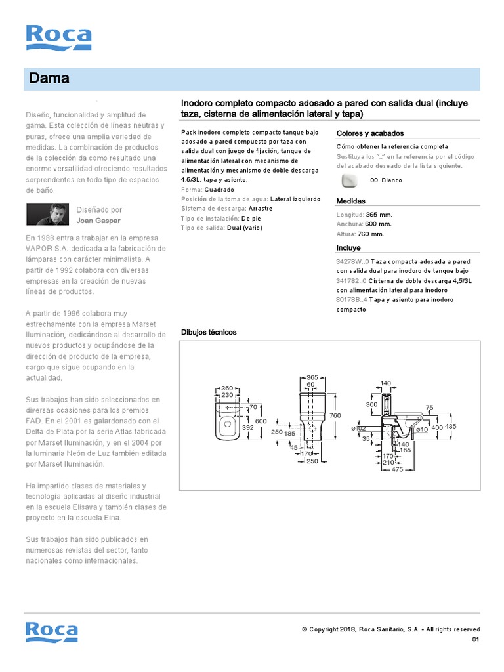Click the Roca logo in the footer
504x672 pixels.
pos(51,632)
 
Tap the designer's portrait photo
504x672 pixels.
pos(47,214)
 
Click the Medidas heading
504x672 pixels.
pos(350,201)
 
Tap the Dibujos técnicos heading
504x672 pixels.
pos(209,332)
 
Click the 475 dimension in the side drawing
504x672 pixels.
pos(397,470)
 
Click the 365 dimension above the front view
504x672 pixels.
pos(312,377)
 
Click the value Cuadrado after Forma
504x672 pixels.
pos(219,189)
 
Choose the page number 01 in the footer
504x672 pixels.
pos(476,640)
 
